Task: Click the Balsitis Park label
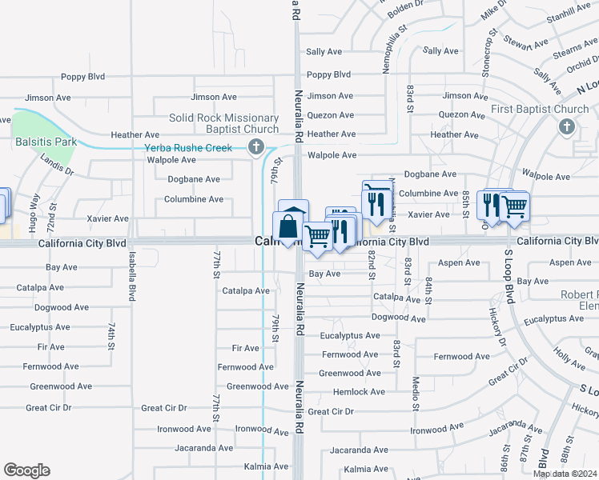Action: [x=45, y=142]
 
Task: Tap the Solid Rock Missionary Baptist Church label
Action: [x=224, y=123]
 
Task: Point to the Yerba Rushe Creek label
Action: [x=188, y=148]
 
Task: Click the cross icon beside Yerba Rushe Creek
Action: [x=255, y=146]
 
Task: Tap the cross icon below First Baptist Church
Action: [x=567, y=126]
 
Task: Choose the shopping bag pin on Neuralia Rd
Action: [x=287, y=227]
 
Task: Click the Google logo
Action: [x=26, y=470]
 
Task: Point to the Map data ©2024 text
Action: [x=565, y=474]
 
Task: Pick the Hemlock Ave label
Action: [x=360, y=392]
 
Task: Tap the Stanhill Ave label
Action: [x=568, y=10]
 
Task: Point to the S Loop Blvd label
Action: [x=508, y=276]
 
